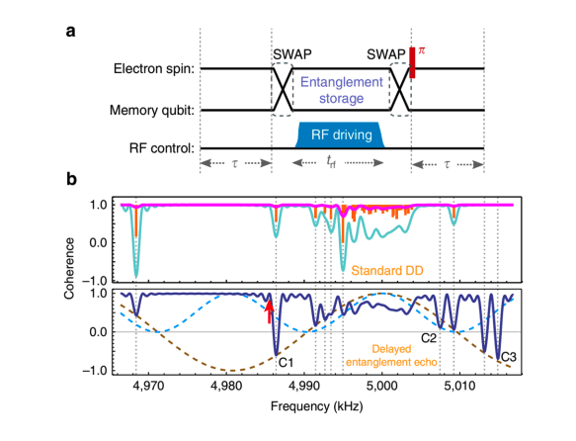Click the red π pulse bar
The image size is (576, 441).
coord(411,61)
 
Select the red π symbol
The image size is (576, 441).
coord(422,48)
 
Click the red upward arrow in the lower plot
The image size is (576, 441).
coord(268,310)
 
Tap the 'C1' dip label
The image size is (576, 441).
coord(287,364)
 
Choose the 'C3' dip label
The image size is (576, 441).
coord(506,357)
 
